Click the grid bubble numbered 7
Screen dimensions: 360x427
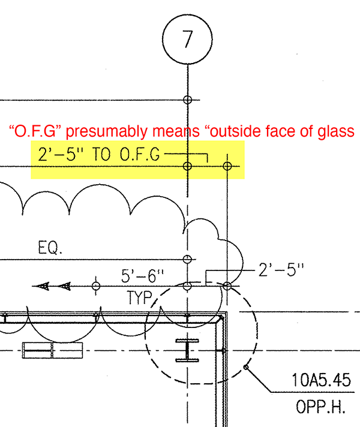pos(187,39)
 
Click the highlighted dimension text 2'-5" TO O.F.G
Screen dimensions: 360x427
pos(99,154)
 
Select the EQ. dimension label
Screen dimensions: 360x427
pos(50,247)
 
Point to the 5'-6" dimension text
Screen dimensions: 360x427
pos(142,276)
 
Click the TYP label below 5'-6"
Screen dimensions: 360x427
pos(140,297)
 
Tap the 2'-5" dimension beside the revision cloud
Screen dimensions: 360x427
pos(281,270)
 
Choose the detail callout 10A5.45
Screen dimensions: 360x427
pos(321,380)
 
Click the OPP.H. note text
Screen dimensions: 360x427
pos(320,407)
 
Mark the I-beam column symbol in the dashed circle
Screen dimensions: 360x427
pos(187,350)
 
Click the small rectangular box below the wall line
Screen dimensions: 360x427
pos(52,350)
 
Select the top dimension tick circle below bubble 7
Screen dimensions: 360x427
pos(187,100)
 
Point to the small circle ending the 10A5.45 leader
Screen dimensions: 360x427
pos(246,367)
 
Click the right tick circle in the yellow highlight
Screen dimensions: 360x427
pos(227,166)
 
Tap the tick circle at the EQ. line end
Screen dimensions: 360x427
pos(187,259)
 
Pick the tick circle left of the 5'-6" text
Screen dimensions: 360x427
pos(95,286)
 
